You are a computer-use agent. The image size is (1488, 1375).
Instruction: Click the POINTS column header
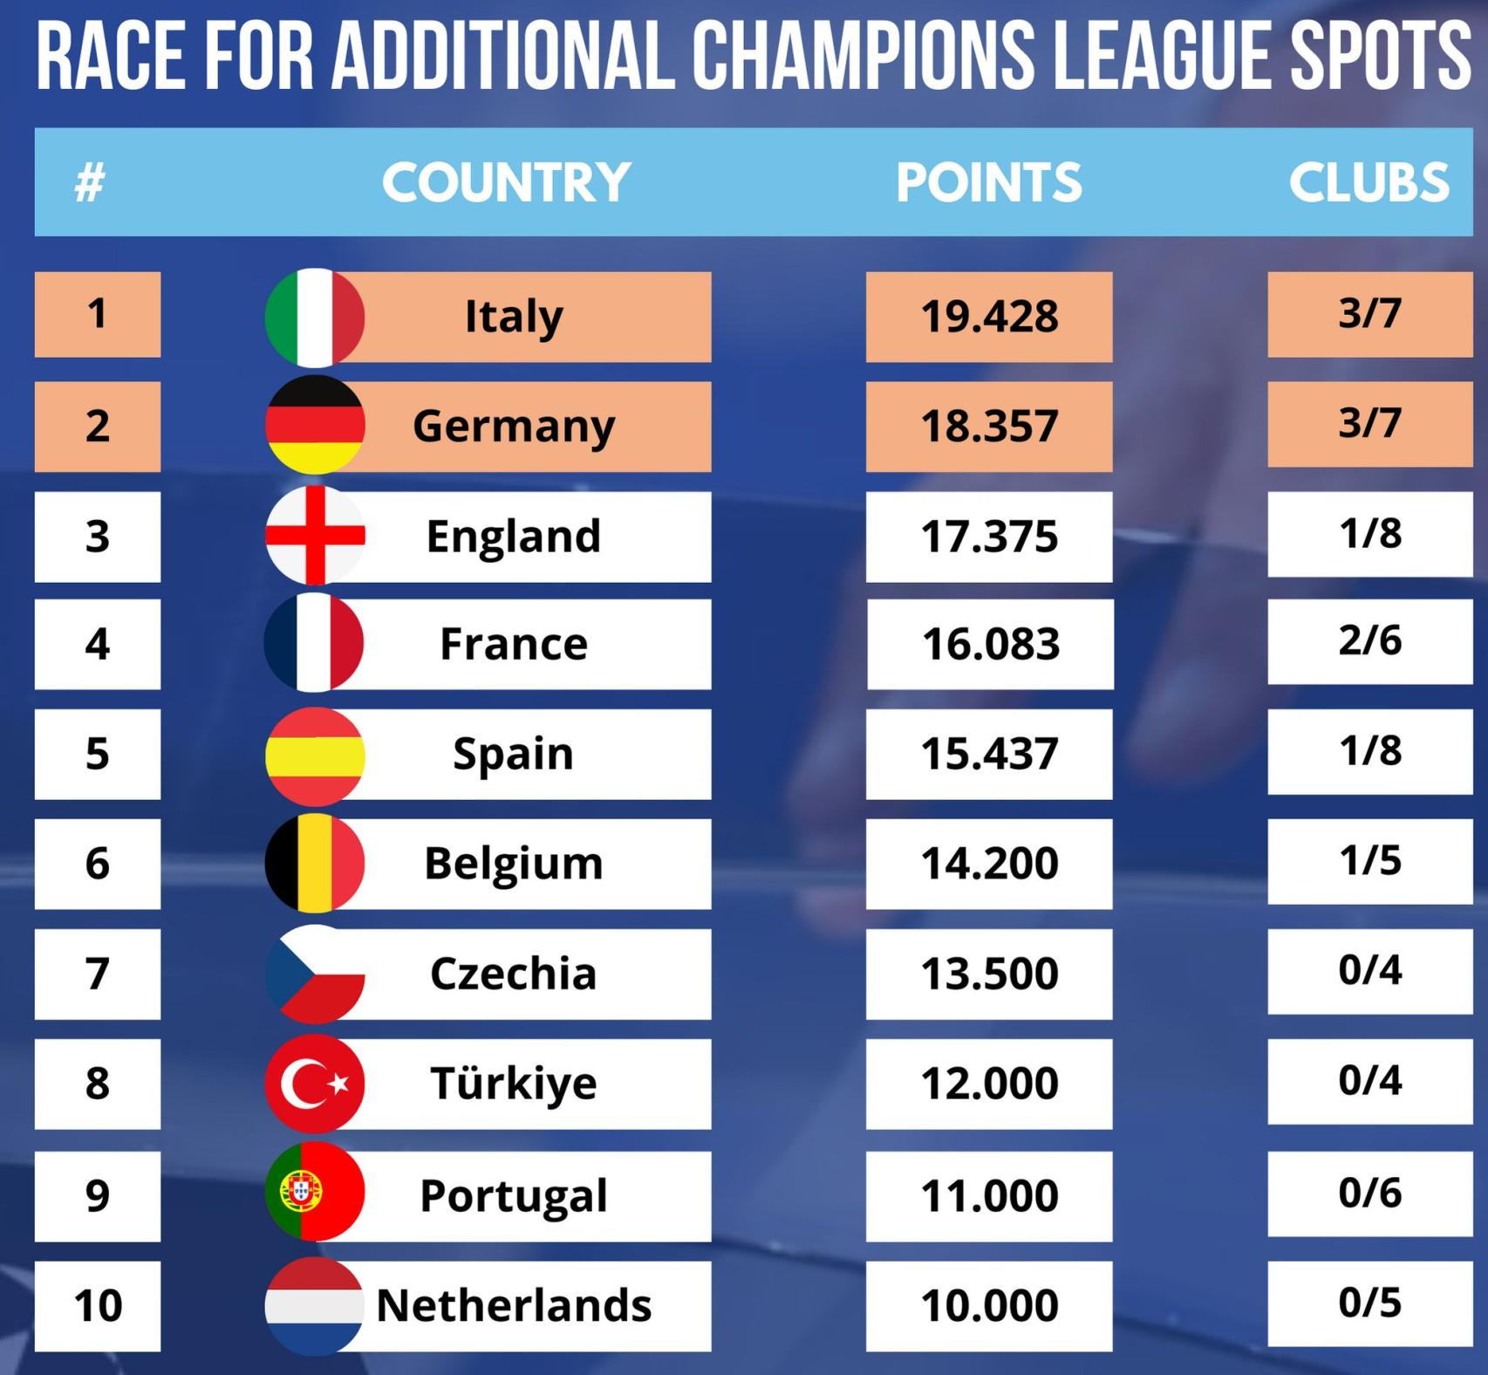click(x=989, y=182)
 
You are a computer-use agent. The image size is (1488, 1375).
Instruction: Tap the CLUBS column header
click(x=1369, y=182)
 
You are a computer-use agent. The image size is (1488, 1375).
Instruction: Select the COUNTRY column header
click(x=506, y=182)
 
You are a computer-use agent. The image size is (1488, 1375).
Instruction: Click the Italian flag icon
click(x=314, y=317)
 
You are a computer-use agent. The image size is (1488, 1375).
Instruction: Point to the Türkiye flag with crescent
click(x=314, y=1084)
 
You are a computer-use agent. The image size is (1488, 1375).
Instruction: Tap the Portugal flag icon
click(x=314, y=1192)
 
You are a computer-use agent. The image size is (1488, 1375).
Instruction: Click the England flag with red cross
click(x=314, y=535)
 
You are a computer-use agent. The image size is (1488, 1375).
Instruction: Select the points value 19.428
click(x=989, y=317)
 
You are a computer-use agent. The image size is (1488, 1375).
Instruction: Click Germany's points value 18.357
click(x=989, y=427)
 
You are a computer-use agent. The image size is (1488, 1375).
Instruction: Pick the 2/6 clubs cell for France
click(x=1369, y=641)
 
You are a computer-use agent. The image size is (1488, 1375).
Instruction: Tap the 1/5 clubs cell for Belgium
click(x=1369, y=861)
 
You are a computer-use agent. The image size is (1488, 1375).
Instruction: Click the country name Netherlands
click(x=514, y=1306)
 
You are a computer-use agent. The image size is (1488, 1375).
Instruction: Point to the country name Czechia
click(x=514, y=974)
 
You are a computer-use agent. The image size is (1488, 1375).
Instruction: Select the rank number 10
click(x=98, y=1306)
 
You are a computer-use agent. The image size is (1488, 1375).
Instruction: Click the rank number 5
click(x=98, y=754)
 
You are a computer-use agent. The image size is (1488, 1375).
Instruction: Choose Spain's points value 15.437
click(x=989, y=754)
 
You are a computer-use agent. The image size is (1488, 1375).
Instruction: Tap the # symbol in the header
click(x=90, y=183)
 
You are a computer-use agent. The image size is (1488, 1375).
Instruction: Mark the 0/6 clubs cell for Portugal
click(x=1369, y=1193)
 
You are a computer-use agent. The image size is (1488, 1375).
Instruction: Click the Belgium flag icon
click(x=314, y=863)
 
